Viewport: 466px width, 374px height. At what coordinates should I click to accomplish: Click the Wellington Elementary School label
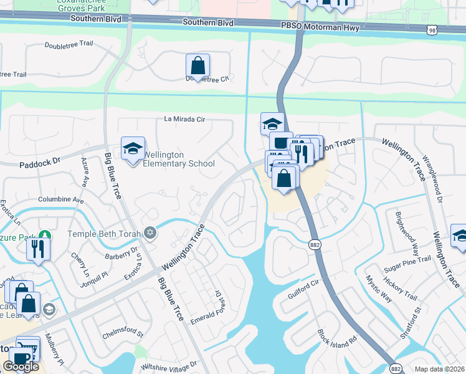click(x=179, y=160)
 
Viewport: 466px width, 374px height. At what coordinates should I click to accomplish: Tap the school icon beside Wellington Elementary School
click(x=132, y=149)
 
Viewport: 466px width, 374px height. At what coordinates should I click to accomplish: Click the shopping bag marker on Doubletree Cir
click(x=197, y=65)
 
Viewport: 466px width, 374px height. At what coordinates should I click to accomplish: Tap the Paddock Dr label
click(x=39, y=160)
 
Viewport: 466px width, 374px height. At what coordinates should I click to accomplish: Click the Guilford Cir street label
click(x=303, y=289)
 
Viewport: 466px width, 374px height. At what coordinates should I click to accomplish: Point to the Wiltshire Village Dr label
click(x=169, y=364)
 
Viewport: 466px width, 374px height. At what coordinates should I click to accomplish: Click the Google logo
click(x=21, y=367)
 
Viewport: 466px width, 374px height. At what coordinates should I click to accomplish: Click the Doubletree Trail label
click(x=69, y=45)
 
